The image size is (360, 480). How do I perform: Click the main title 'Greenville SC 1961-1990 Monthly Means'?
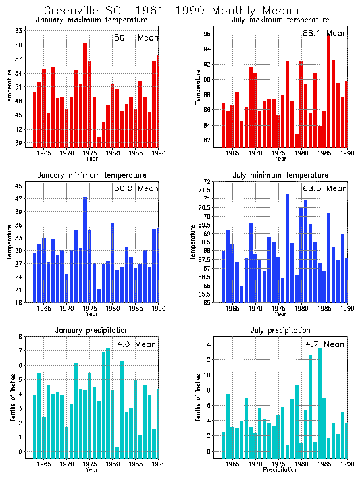tap(171, 11)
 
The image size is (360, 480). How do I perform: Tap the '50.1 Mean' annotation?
tap(136, 38)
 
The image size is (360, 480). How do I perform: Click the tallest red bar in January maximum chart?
tap(85, 95)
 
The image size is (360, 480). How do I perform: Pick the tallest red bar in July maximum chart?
tap(328, 90)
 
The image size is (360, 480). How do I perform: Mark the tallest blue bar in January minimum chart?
tap(85, 250)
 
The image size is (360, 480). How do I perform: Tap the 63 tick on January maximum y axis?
tap(19, 31)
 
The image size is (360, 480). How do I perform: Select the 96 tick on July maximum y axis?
tap(208, 34)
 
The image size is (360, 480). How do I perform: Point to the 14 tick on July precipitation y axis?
tap(208, 344)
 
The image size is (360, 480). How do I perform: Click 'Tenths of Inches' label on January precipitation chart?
tap(12, 398)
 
